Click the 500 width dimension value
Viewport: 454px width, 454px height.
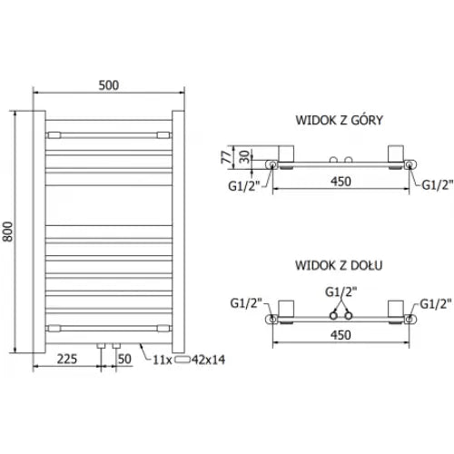(x=109, y=85)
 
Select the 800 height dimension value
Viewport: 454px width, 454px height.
(x=8, y=232)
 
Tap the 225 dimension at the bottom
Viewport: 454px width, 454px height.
(x=67, y=359)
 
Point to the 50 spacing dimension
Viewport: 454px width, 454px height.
(x=124, y=359)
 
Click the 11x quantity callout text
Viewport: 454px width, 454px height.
(x=163, y=360)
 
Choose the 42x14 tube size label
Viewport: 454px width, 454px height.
(x=208, y=360)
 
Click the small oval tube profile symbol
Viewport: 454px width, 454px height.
(x=182, y=360)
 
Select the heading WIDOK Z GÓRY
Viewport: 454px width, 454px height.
(x=339, y=120)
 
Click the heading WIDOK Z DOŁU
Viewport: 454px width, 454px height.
(x=339, y=265)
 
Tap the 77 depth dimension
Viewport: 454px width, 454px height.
(x=226, y=157)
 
